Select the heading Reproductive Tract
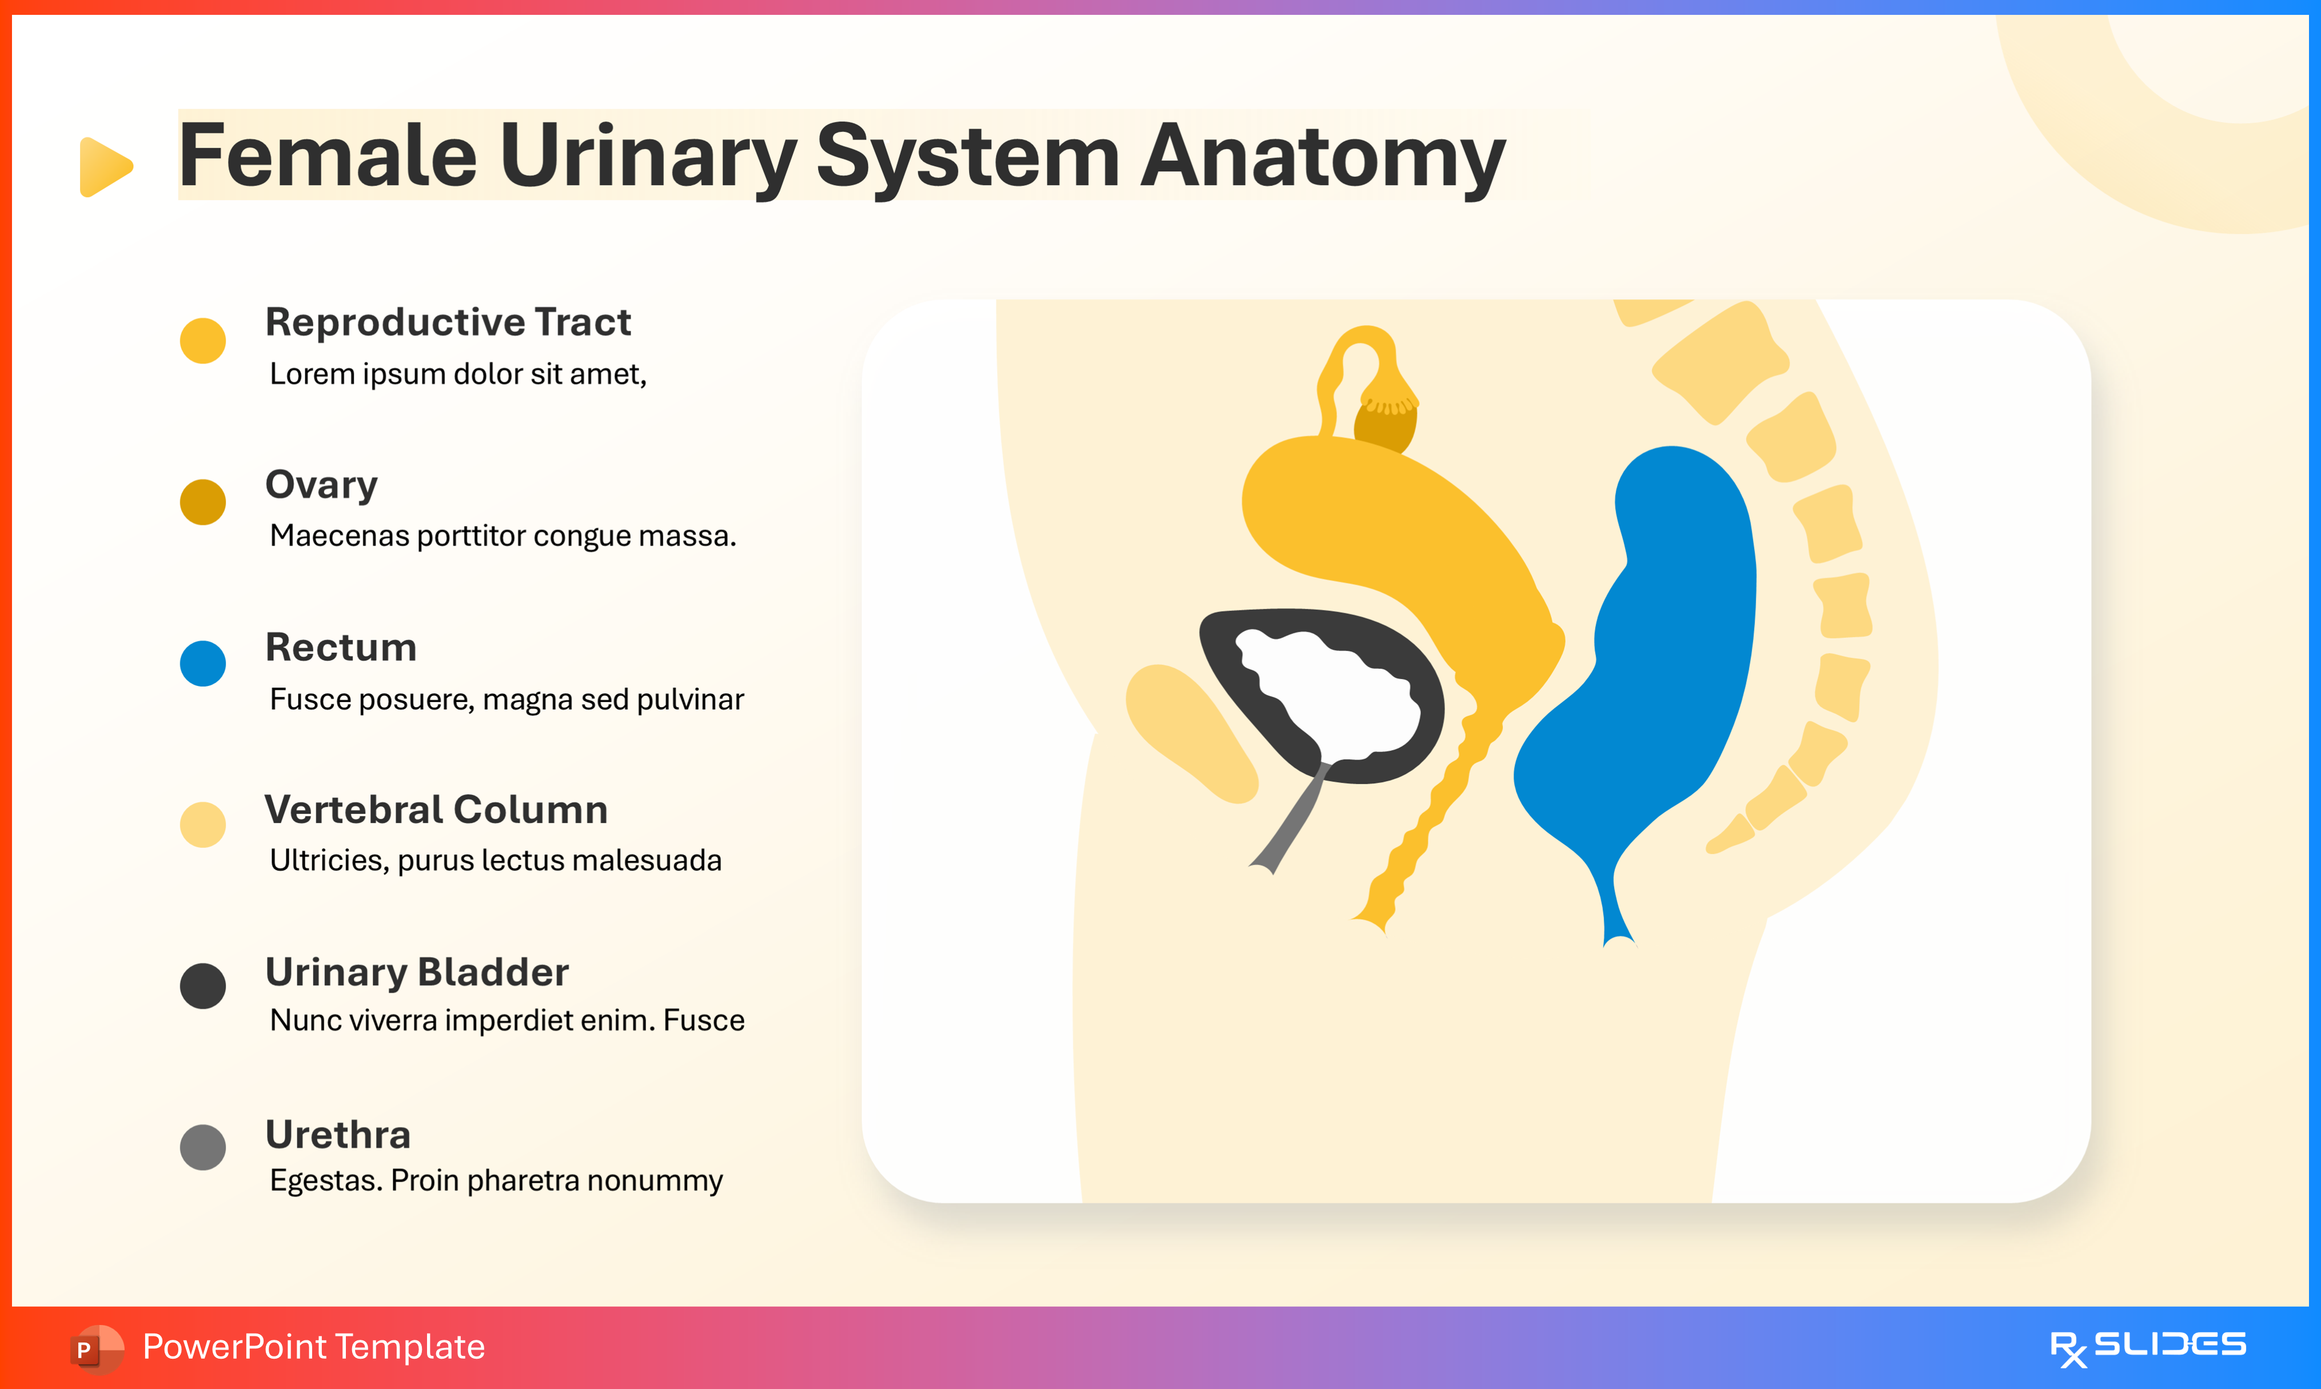pyautogui.click(x=448, y=322)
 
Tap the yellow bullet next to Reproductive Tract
pyautogui.click(x=203, y=341)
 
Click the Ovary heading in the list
pyautogui.click(x=321, y=485)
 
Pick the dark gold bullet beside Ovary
pyautogui.click(x=203, y=502)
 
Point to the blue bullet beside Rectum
pyautogui.click(x=203, y=664)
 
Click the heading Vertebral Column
pyautogui.click(x=436, y=809)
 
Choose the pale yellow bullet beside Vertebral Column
pyautogui.click(x=203, y=825)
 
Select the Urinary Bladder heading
pyautogui.click(x=417, y=972)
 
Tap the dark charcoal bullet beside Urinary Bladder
pyautogui.click(x=203, y=985)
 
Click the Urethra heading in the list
pyautogui.click(x=338, y=1135)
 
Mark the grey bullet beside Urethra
pyautogui.click(x=203, y=1148)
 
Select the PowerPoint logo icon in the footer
pyautogui.click(x=95, y=1348)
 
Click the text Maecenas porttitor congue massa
pyautogui.click(x=503, y=536)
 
